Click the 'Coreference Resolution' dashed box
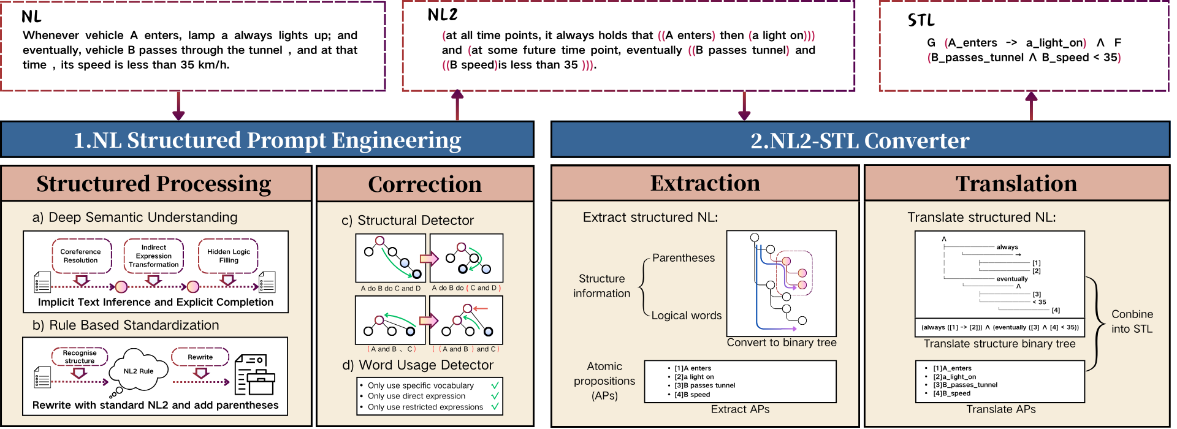(81, 256)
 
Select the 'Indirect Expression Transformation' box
(153, 256)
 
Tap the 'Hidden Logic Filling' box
(229, 256)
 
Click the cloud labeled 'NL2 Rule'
(139, 371)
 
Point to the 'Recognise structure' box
(80, 357)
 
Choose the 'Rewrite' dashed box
(200, 357)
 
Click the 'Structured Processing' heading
(154, 183)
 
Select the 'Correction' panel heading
(425, 184)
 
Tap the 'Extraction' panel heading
(705, 183)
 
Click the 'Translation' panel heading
(1016, 183)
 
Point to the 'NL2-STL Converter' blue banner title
(860, 140)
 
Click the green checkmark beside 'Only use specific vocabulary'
(495, 385)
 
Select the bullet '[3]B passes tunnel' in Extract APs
(704, 385)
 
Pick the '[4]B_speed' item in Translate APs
(951, 393)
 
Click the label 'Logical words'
(687, 315)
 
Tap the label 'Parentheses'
(684, 258)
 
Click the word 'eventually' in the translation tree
(1012, 279)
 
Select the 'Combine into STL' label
(1132, 321)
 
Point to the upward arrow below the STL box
(1032, 105)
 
